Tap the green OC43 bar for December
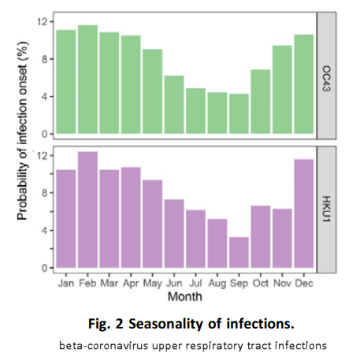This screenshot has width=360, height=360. pyautogui.click(x=303, y=85)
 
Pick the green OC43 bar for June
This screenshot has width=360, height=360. pyautogui.click(x=173, y=106)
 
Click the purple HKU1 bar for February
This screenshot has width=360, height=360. pyautogui.click(x=87, y=210)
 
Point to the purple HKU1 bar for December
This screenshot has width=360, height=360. pyautogui.click(x=303, y=213)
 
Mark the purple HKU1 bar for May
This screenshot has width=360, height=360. pyautogui.click(x=152, y=224)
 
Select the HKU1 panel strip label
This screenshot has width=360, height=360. pyautogui.click(x=328, y=206)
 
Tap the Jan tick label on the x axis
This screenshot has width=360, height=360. pyautogui.click(x=66, y=281)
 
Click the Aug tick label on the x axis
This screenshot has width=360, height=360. pyautogui.click(x=217, y=281)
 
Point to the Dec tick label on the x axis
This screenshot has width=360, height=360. pyautogui.click(x=303, y=281)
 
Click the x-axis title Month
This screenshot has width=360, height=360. pyautogui.click(x=184, y=296)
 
